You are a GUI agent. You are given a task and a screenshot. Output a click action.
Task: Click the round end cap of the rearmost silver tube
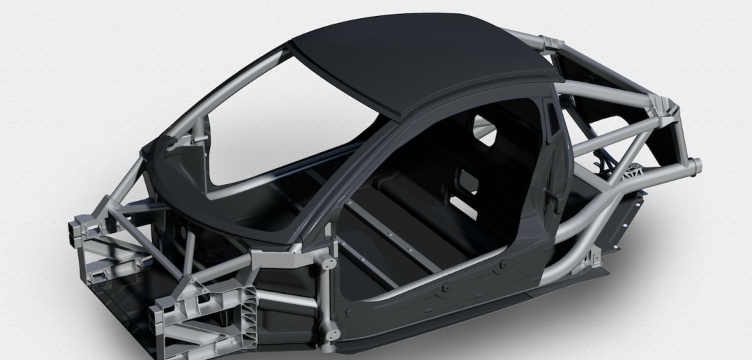(697, 167)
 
